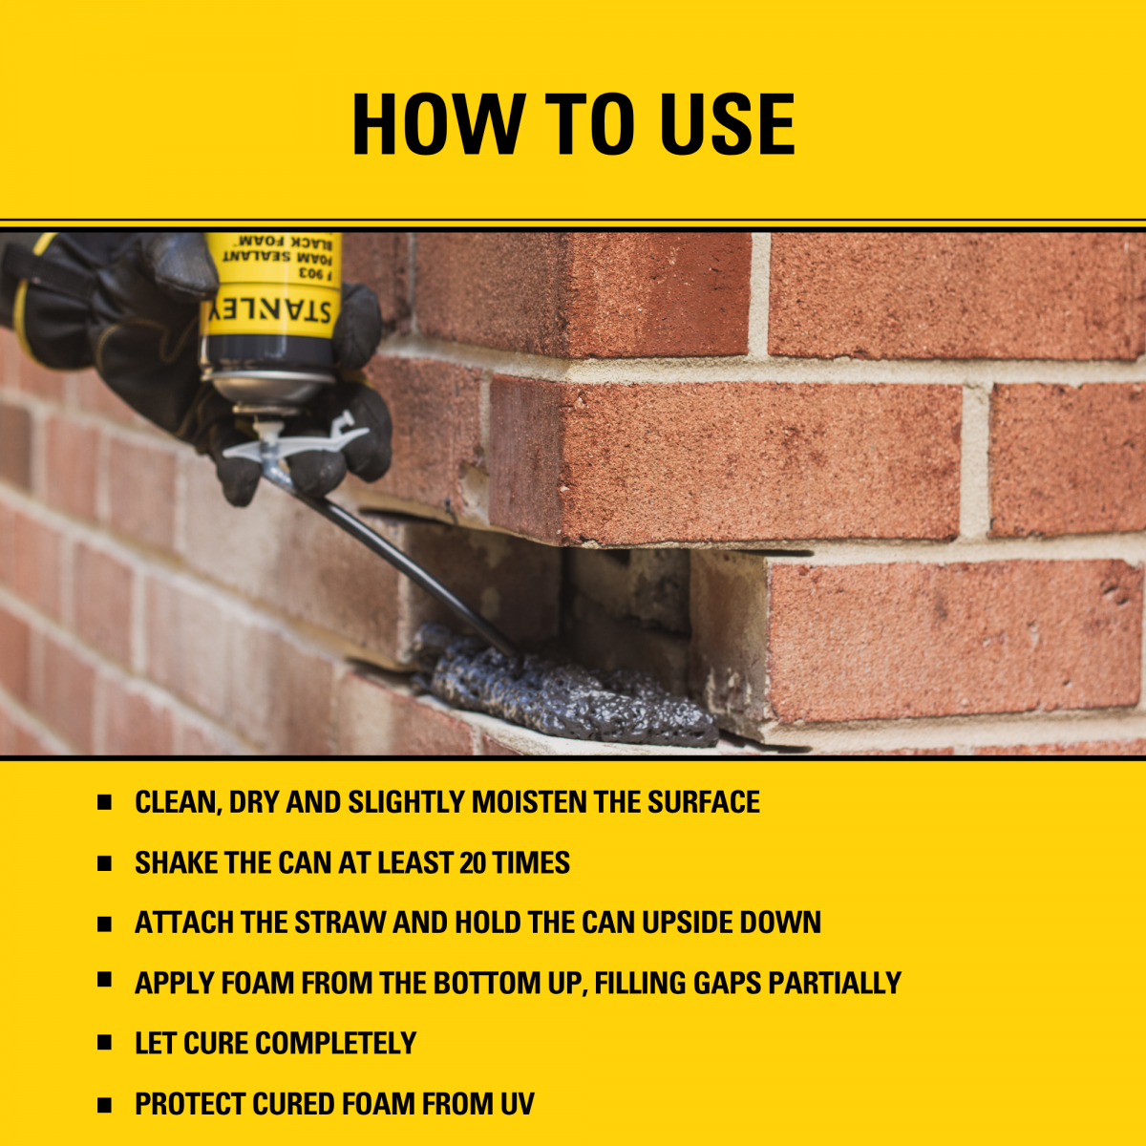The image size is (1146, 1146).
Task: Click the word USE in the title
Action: (x=728, y=124)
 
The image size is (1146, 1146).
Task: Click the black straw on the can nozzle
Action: (x=411, y=574)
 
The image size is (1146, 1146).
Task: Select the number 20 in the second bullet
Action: (x=473, y=863)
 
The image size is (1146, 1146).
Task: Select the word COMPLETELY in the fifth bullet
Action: (x=336, y=1044)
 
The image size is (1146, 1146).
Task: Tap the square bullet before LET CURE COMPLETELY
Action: (x=105, y=1043)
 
